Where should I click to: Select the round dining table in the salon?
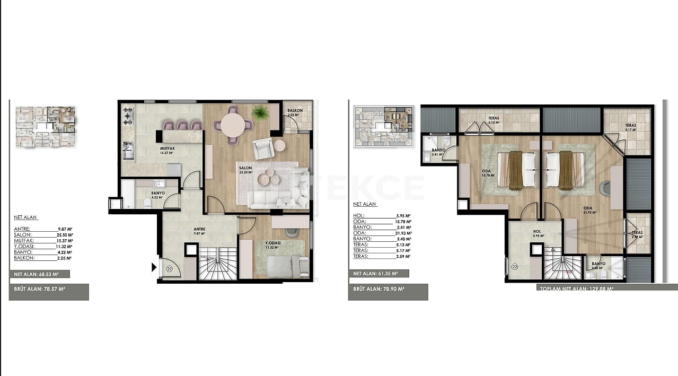tap(233, 126)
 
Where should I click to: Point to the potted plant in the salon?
tap(260, 112)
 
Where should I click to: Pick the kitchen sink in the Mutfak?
tap(128, 151)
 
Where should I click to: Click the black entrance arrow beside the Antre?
tap(154, 267)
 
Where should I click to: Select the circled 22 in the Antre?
tap(170, 269)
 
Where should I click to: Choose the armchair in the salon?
tap(263, 149)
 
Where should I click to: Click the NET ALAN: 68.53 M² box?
tap(39, 275)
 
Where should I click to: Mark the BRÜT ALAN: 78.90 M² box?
tap(388, 290)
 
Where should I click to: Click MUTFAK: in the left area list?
tap(23, 240)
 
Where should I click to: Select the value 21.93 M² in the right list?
tap(404, 233)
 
